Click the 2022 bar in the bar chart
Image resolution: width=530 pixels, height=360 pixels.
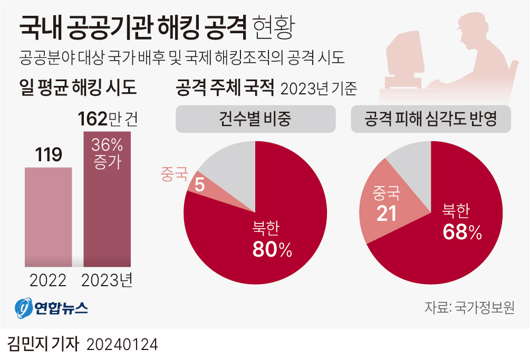(49, 216)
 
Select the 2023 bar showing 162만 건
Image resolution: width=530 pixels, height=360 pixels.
(107, 211)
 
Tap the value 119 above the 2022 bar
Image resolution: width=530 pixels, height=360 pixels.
(49, 154)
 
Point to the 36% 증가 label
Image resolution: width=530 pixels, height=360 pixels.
(107, 153)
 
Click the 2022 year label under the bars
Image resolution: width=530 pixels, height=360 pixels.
(48, 280)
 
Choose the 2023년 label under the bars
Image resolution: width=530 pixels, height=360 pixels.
(107, 280)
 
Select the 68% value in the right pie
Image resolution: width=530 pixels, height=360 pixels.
(462, 232)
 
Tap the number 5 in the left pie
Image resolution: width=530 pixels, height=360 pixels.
(199, 184)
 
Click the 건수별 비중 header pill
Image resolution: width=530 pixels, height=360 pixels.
(255, 119)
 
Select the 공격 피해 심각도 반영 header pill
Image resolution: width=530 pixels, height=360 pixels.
(431, 119)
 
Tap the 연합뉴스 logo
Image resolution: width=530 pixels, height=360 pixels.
(51, 308)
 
